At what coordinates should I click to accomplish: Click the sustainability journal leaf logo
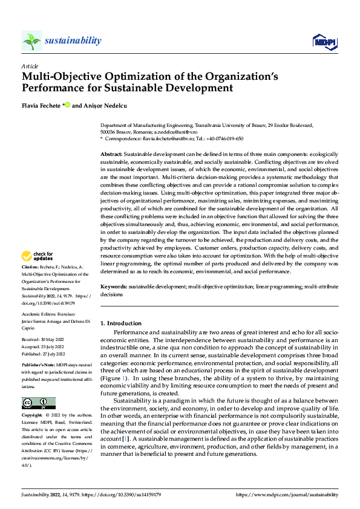(31, 41)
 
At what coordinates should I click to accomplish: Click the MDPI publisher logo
(324, 41)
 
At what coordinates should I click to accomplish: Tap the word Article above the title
(29, 66)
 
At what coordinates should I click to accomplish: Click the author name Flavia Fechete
(40, 106)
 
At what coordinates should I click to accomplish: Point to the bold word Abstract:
(112, 155)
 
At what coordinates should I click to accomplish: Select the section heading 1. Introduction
(121, 323)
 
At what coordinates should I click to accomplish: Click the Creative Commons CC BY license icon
(38, 403)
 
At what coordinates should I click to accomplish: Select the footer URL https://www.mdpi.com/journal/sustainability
(287, 494)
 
